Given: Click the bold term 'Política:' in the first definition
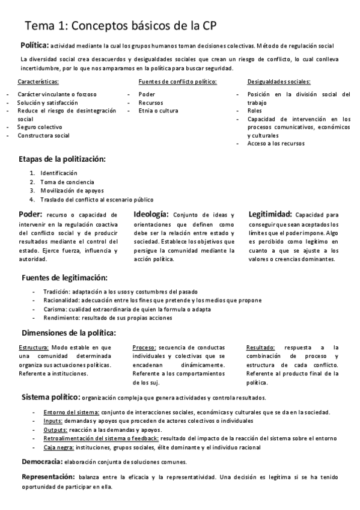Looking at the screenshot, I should pos(35,46).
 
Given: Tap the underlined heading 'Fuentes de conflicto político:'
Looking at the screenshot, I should pos(177,81).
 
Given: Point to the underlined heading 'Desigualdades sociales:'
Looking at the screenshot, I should pos(279,81).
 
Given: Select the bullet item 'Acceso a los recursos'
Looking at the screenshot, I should pos(276,143).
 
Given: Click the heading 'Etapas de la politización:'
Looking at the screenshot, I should pos(63,159).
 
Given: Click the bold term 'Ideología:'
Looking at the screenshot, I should pos(151,214).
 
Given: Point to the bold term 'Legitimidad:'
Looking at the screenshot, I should pos(270,214).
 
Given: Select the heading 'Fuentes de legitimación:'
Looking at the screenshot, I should pos(65,278).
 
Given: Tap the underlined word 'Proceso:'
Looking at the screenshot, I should pos(144,348).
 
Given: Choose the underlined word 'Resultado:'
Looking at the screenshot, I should pos(261,348).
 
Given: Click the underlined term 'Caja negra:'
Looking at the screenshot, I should pos(58,447).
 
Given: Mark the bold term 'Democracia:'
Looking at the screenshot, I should pos(42,462).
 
